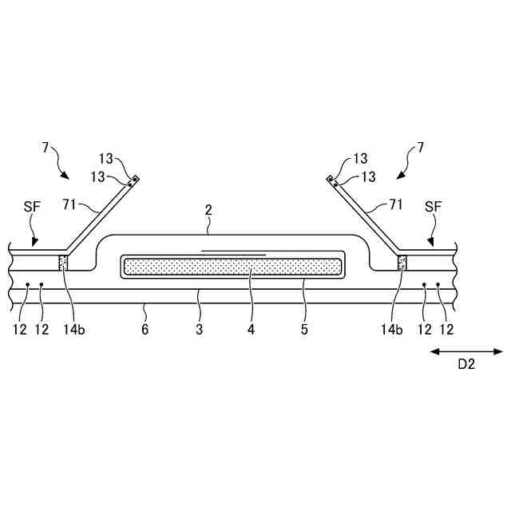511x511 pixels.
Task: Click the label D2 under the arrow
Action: click(x=466, y=365)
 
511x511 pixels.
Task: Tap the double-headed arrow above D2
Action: click(x=466, y=351)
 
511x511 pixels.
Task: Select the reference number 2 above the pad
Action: click(x=208, y=211)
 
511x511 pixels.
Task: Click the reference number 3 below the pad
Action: click(x=200, y=329)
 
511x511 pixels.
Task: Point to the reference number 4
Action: click(x=252, y=329)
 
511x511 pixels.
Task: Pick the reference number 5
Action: click(x=303, y=329)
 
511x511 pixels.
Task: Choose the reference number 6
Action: click(x=144, y=329)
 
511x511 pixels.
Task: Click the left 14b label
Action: click(x=73, y=329)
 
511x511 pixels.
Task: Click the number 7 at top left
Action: click(x=46, y=148)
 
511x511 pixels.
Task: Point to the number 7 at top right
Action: click(x=420, y=148)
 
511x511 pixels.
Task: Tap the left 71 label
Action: click(x=70, y=205)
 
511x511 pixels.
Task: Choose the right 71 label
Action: click(x=394, y=205)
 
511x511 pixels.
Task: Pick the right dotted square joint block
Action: click(x=402, y=263)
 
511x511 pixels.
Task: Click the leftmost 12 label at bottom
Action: click(x=19, y=329)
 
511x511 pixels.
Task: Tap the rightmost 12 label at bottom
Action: click(x=447, y=329)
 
